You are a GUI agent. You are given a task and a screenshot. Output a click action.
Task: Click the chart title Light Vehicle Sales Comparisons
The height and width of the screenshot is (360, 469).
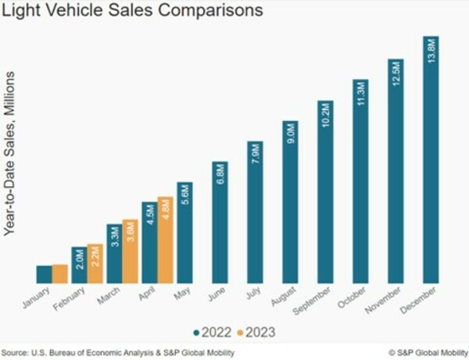[x=133, y=12]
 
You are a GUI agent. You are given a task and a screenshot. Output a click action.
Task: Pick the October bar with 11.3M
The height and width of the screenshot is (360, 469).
[x=360, y=180]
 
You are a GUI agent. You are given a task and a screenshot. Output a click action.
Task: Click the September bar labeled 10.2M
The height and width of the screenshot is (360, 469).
[x=325, y=191]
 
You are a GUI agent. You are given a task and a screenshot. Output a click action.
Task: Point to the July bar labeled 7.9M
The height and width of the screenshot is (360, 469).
[x=255, y=212]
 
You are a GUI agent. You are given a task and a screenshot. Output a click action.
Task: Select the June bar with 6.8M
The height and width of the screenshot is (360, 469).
[x=220, y=223]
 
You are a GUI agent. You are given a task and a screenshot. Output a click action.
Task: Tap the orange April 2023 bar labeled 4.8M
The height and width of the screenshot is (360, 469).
[x=165, y=239]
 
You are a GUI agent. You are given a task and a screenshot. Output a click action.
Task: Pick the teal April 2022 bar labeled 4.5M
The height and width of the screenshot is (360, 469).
[x=149, y=242]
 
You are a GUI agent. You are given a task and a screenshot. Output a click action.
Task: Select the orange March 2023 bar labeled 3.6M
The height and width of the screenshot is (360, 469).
[x=130, y=251]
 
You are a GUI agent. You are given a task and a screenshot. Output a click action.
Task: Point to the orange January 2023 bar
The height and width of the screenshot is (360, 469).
[x=59, y=274]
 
